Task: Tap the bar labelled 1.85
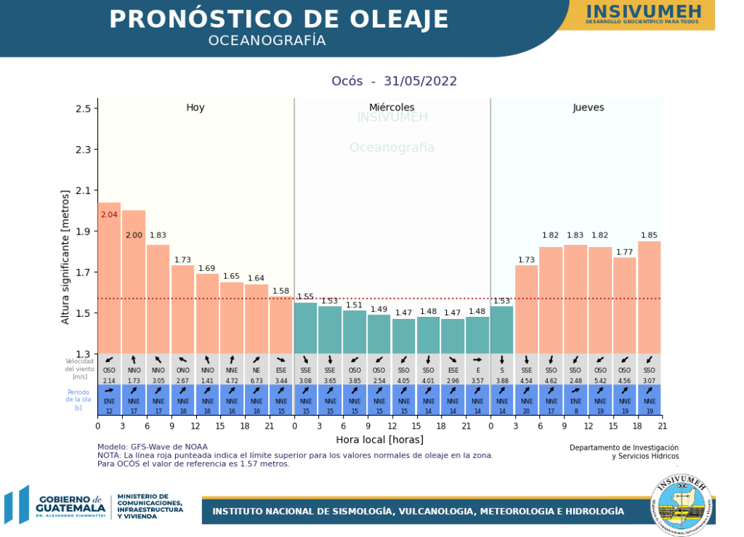650,297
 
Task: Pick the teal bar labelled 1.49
379,334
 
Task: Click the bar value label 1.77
625,252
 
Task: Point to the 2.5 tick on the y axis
86,109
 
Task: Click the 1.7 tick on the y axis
86,272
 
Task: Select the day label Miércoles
392,108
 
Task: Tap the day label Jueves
589,108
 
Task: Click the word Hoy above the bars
195,108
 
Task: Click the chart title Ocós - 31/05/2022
394,81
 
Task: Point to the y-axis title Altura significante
65,257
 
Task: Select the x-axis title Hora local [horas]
379,440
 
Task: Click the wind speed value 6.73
256,380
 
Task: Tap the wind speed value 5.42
600,380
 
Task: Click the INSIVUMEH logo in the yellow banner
643,12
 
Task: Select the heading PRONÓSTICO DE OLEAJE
279,20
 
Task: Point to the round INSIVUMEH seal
682,507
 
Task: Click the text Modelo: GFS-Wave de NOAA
153,446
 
